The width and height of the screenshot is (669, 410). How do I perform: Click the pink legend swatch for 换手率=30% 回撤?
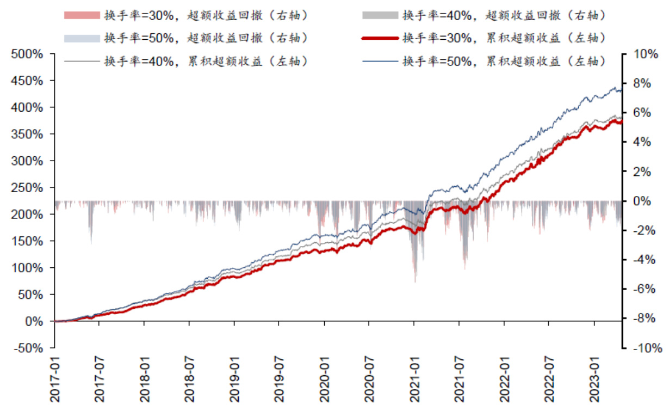pyautogui.click(x=82, y=15)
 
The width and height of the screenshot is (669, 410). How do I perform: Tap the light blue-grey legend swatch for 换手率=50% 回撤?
pyautogui.click(x=82, y=38)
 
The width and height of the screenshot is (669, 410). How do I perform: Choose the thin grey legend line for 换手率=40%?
pyautogui.click(x=82, y=61)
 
